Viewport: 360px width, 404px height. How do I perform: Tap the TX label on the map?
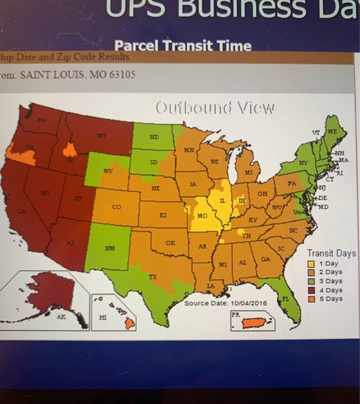click(153, 276)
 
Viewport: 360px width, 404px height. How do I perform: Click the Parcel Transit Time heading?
click(183, 46)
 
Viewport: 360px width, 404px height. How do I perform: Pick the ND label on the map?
click(154, 138)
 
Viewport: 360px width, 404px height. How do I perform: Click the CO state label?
click(117, 207)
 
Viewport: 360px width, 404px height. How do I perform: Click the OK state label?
click(170, 243)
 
